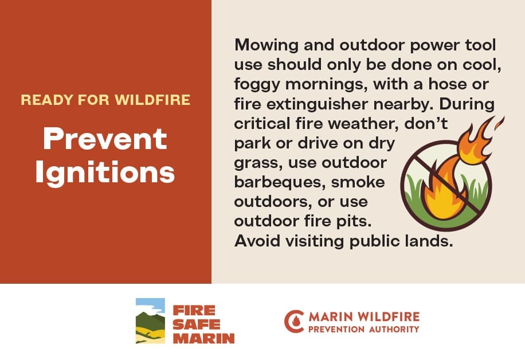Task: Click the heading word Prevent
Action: pos(105,139)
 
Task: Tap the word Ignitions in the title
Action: pos(105,173)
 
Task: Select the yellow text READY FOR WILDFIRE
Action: pos(105,100)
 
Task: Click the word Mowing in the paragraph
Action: pos(266,45)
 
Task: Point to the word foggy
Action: pos(257,85)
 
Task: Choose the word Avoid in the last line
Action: pos(257,241)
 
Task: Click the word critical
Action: pos(262,124)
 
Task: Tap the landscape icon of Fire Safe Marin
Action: pos(150,320)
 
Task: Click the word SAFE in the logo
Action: pos(197,324)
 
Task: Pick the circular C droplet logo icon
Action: pos(293,322)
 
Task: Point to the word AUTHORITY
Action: pos(394,330)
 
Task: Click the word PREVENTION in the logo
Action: pos(336,330)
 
